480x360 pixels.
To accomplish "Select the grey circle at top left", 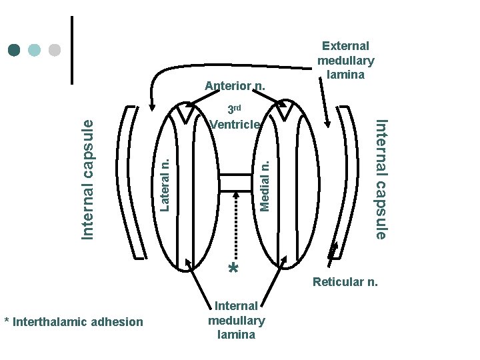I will point(55,51).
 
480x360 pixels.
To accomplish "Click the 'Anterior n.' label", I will point(235,85).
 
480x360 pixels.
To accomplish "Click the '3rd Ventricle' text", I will point(234,117).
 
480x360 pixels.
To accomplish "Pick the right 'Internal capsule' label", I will point(380,178).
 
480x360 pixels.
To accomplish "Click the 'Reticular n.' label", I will point(345,282).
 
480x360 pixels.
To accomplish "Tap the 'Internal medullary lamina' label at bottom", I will point(236,320).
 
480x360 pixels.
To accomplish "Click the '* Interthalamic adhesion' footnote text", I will point(73,322).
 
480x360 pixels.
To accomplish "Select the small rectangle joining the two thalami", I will point(235,182).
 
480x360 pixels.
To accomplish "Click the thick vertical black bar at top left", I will point(71,50).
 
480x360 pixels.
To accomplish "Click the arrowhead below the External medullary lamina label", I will point(327,121).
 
